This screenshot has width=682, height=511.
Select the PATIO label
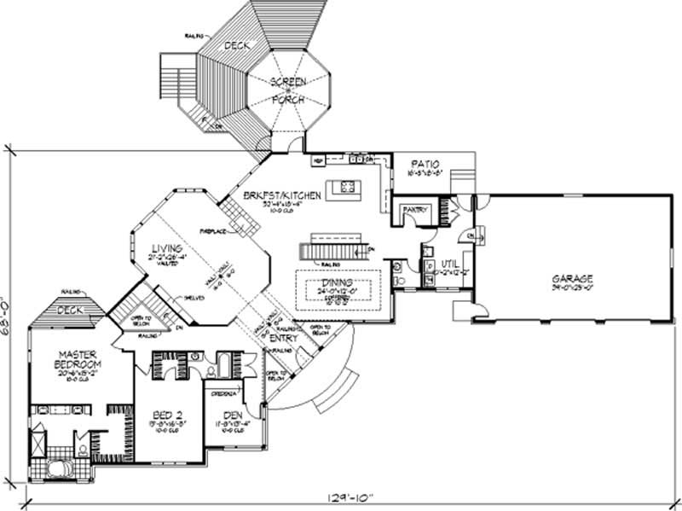424,162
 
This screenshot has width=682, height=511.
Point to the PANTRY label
415,207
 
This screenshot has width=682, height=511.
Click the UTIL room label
449,264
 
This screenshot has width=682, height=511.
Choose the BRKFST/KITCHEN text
280,195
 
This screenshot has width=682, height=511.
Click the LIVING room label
167,248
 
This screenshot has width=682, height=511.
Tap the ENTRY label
279,339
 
